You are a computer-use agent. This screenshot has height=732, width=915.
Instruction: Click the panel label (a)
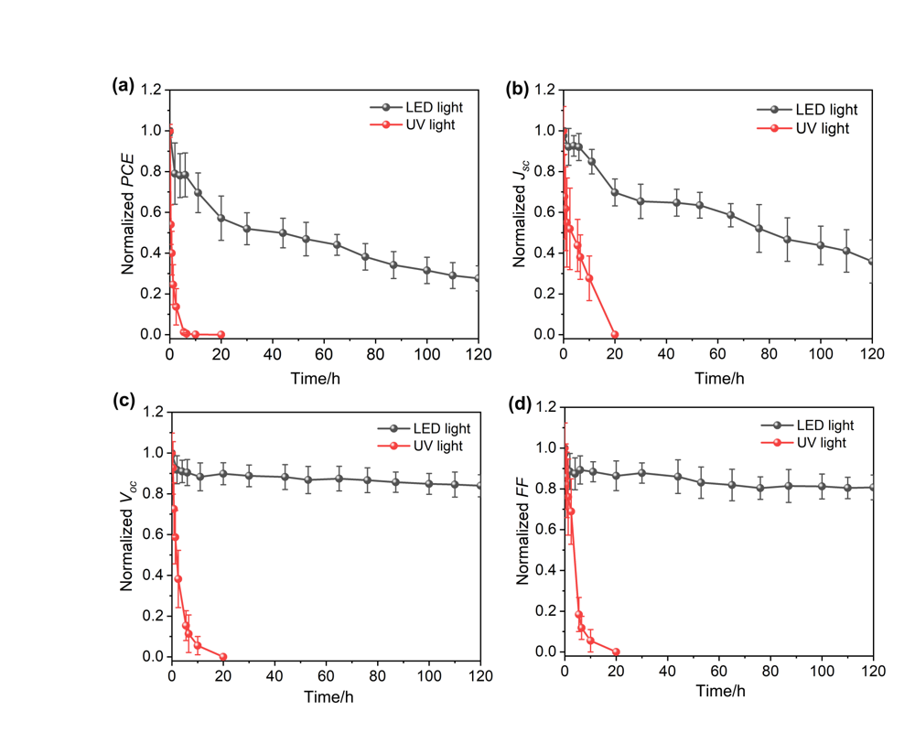[123, 86]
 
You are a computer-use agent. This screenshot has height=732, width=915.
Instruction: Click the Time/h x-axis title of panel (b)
[718, 378]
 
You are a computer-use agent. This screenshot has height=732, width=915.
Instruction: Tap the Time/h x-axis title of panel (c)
[326, 697]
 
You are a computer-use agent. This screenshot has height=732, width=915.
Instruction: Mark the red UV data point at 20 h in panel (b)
[615, 334]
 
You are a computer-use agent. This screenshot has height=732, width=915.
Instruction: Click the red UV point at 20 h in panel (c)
[223, 656]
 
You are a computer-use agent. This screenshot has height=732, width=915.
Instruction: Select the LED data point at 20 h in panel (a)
[221, 218]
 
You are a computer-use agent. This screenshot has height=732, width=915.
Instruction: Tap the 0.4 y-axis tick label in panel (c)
[152, 576]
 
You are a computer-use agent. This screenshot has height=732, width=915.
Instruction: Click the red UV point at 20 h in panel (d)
[616, 651]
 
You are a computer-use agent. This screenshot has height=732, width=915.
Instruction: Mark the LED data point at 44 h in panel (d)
[678, 476]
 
